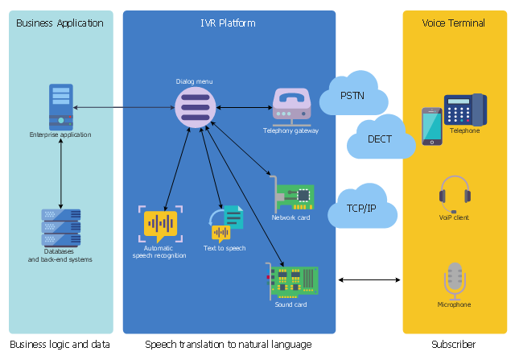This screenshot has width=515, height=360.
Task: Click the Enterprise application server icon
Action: click(x=61, y=107)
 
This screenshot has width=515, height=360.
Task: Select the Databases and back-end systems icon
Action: click(x=61, y=228)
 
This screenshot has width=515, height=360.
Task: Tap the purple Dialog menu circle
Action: click(x=196, y=107)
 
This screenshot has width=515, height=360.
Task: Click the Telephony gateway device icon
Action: click(x=291, y=107)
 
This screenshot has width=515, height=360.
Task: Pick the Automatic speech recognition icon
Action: click(x=160, y=224)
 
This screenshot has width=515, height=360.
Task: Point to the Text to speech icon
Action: click(x=226, y=224)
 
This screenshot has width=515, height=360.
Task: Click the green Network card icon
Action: click(x=291, y=195)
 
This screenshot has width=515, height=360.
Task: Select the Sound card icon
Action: click(x=291, y=281)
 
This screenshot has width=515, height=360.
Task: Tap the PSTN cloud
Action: click(x=353, y=94)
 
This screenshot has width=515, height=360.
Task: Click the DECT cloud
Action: click(x=381, y=138)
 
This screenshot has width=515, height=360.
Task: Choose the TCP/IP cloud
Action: click(x=362, y=206)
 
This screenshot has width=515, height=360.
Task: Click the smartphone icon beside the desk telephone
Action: click(x=432, y=126)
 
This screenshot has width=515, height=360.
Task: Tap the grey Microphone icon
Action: click(x=455, y=281)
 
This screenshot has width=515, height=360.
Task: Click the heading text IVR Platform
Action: click(x=228, y=23)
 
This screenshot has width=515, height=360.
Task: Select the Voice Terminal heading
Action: click(x=453, y=23)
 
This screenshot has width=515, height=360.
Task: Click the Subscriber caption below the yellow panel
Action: click(x=453, y=344)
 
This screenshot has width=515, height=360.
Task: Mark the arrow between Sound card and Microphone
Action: click(x=369, y=279)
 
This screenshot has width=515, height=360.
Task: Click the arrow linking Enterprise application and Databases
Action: click(x=61, y=174)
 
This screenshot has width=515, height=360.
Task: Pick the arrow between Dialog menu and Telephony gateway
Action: click(x=245, y=107)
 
